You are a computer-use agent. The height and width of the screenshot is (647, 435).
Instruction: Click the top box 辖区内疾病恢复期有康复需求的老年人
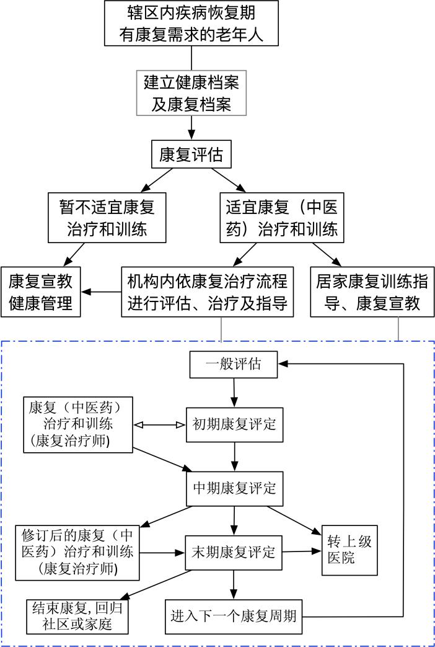click(x=191, y=23)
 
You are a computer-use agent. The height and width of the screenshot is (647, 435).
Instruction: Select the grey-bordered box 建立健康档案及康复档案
click(x=191, y=92)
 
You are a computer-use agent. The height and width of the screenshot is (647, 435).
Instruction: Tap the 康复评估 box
click(x=191, y=154)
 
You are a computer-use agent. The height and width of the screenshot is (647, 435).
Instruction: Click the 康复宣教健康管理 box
click(x=41, y=292)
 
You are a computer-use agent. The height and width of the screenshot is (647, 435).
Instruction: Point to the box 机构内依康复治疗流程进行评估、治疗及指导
click(x=208, y=292)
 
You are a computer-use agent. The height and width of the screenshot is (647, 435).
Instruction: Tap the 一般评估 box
click(x=234, y=365)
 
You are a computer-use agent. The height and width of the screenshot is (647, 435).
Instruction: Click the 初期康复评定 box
click(x=234, y=425)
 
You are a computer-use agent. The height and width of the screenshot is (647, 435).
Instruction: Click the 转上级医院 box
click(x=349, y=550)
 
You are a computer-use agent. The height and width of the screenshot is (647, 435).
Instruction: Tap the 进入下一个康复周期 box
click(x=234, y=617)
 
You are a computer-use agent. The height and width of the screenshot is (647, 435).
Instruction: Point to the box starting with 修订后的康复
click(x=77, y=551)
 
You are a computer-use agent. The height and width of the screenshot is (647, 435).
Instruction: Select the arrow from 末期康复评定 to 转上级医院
click(x=302, y=551)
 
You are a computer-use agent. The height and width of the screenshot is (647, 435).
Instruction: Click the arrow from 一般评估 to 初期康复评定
click(x=234, y=392)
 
